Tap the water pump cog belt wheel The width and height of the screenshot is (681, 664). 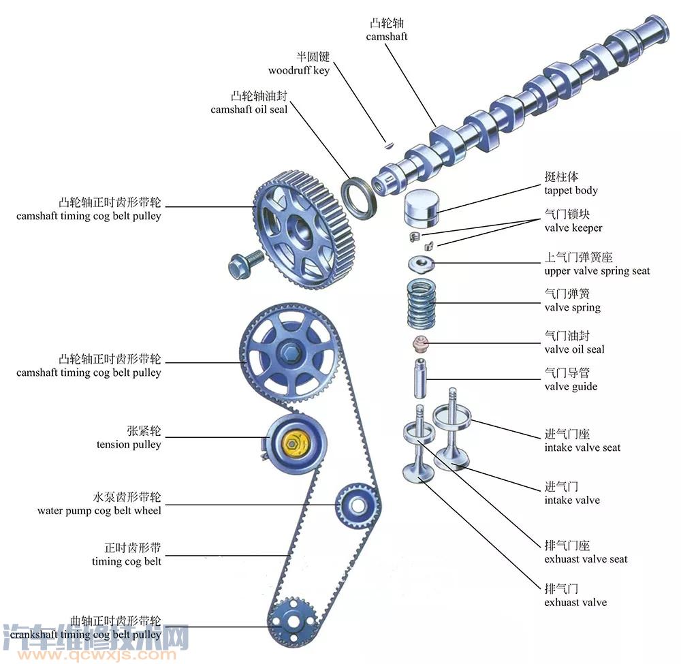[355, 505]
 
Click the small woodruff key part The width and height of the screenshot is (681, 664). [388, 144]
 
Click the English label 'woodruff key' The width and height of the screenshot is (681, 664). [298, 70]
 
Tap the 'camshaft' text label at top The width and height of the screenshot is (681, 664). [386, 36]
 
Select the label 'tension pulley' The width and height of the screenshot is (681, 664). [129, 445]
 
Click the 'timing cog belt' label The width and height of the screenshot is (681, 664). [127, 561]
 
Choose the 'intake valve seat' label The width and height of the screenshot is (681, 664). [582, 447]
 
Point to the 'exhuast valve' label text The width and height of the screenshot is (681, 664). [575, 602]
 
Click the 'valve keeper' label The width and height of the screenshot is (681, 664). [573, 227]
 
